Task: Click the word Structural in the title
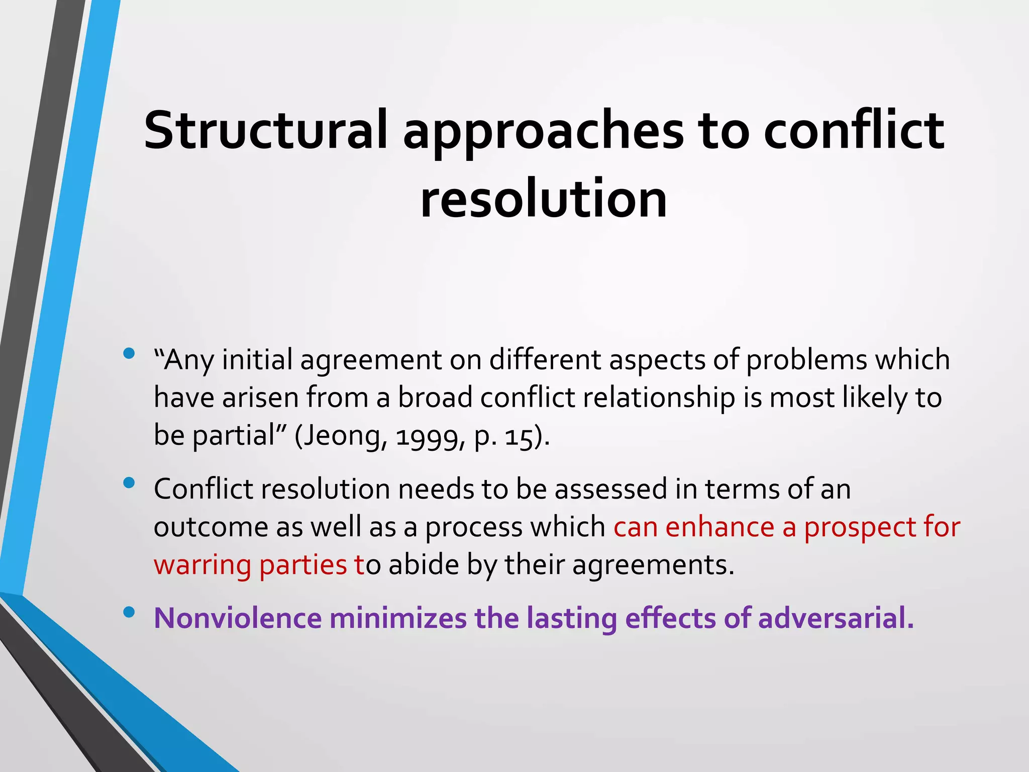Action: pyautogui.click(x=265, y=131)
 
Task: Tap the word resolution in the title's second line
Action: pyautogui.click(x=544, y=200)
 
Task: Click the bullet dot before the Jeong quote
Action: pyautogui.click(x=129, y=353)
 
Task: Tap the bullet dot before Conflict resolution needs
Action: pyautogui.click(x=129, y=482)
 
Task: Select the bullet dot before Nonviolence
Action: pyautogui.click(x=129, y=612)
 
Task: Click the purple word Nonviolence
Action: pyautogui.click(x=237, y=618)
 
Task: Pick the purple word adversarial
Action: pyautogui.click(x=835, y=618)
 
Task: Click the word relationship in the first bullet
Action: pyautogui.click(x=659, y=398)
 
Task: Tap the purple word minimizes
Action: pyautogui.click(x=398, y=618)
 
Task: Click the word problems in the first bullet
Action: pyautogui.click(x=806, y=360)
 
